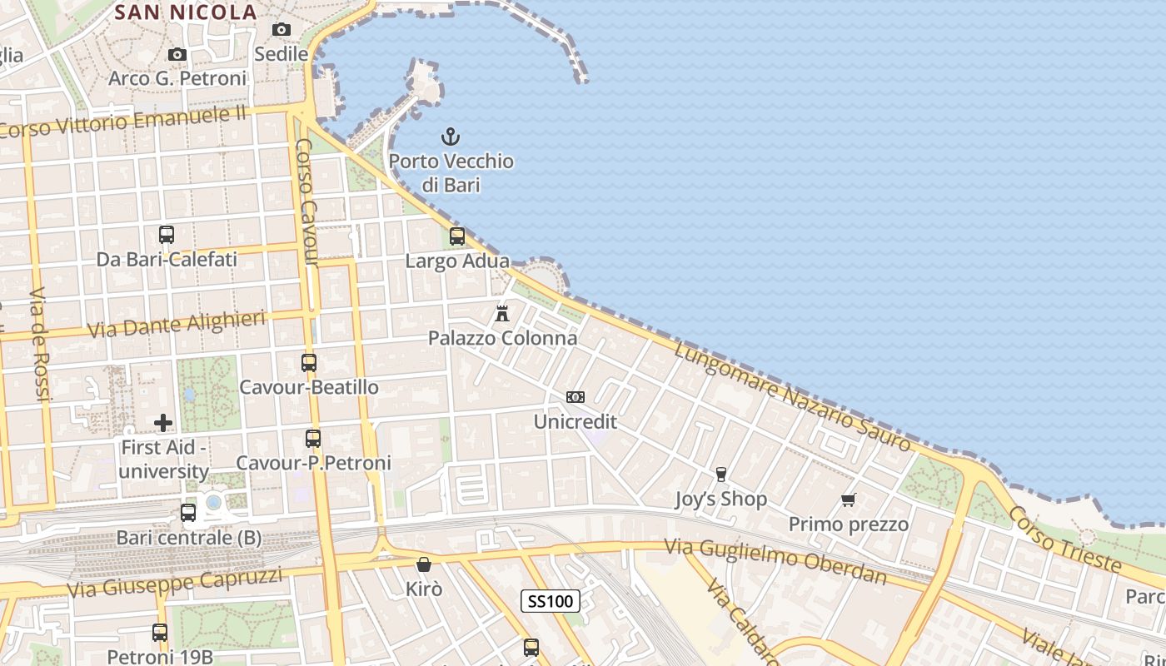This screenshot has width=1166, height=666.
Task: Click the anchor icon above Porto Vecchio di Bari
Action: pos(450,136)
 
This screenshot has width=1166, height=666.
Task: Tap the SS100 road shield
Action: pos(551,601)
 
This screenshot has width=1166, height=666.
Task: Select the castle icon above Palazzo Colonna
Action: pos(502,314)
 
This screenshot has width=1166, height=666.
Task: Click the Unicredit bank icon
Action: pos(576,397)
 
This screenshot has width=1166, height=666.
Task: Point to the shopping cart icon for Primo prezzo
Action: pos(849,500)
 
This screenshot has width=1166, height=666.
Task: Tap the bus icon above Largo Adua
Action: pos(457,236)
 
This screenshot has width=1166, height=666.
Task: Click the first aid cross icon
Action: pos(163,423)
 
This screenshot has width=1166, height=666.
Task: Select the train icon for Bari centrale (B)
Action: pos(188,513)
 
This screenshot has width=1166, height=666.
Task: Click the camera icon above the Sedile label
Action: pos(282,30)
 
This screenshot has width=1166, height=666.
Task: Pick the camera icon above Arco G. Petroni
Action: pos(177,55)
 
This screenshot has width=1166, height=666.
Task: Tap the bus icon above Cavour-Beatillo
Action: pos(309,363)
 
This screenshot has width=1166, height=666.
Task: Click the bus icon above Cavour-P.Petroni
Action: pos(313,438)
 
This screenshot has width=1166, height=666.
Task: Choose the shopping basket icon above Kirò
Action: pos(424,564)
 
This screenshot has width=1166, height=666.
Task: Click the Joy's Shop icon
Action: pos(721,475)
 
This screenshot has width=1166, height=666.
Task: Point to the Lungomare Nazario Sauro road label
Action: pos(792,396)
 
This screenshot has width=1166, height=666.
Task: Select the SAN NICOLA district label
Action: pos(185,12)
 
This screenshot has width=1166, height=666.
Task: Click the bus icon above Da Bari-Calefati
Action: pos(167,235)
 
